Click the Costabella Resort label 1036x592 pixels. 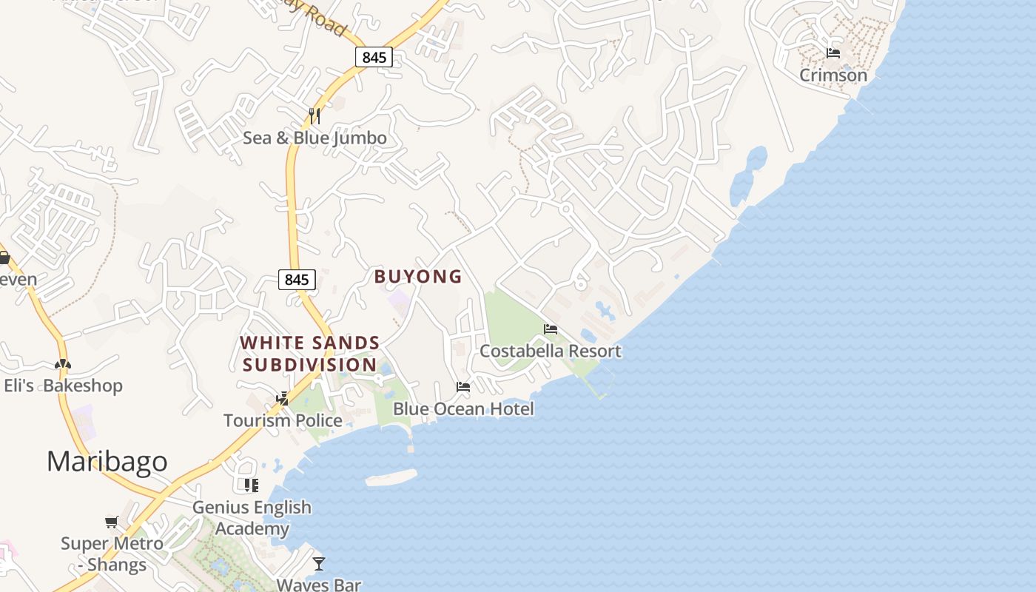(550, 351)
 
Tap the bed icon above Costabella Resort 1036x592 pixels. (550, 329)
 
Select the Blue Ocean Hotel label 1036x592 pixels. (463, 408)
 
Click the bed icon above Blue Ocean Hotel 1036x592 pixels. (463, 387)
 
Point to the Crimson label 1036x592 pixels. (833, 75)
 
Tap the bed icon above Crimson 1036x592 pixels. (833, 53)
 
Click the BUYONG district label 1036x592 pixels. (418, 277)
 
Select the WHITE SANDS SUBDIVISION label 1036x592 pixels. (310, 354)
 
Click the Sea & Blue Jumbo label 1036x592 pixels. (314, 138)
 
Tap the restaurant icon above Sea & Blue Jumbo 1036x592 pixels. (314, 116)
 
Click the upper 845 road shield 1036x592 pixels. (374, 57)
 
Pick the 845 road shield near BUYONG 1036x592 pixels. (297, 279)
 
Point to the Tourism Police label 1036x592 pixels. (283, 420)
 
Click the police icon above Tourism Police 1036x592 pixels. (282, 399)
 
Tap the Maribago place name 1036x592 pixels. (107, 461)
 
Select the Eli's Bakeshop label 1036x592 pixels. (63, 386)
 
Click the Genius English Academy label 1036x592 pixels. (252, 518)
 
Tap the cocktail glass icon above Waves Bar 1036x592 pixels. (318, 564)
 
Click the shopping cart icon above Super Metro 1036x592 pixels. (112, 522)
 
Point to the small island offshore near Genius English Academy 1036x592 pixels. (391, 479)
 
